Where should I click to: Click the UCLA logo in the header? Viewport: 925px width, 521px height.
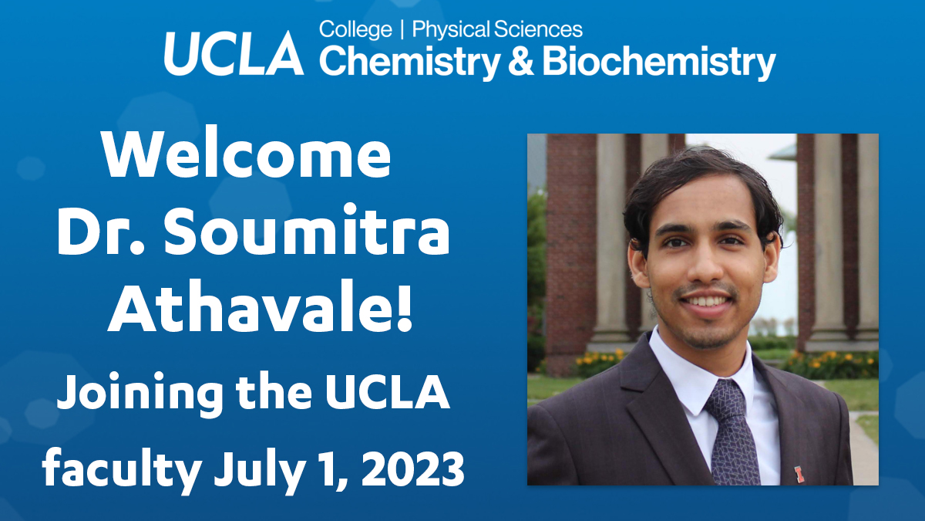tap(234, 52)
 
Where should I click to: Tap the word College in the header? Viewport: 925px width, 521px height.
tap(355, 30)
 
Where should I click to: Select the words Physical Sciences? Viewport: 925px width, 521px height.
tap(497, 30)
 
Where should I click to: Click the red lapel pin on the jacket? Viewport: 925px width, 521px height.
tap(799, 472)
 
